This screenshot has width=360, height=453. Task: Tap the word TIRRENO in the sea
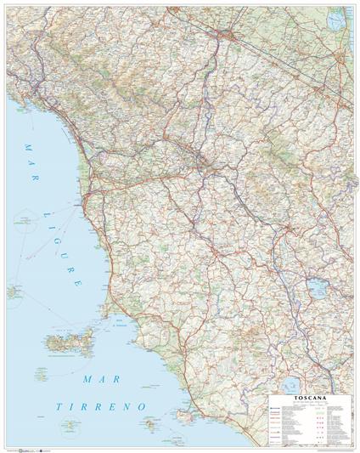103,408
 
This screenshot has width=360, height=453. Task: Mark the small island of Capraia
15,292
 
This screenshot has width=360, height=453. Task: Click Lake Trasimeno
318,290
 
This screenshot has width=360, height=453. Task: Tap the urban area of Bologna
228,35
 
